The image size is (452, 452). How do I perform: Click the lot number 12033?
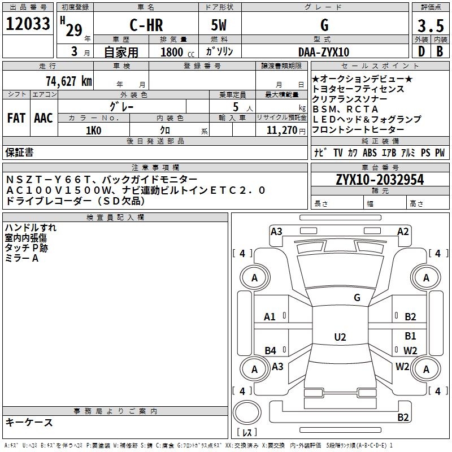click(x=28, y=25)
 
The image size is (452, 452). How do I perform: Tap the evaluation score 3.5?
click(x=430, y=26)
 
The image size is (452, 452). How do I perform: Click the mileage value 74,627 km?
click(x=68, y=81)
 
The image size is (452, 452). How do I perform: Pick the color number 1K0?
click(x=93, y=130)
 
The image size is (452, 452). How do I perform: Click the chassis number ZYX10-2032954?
click(x=379, y=180)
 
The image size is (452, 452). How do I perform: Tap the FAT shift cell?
click(x=16, y=118)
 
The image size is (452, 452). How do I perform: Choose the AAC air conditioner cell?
click(x=44, y=118)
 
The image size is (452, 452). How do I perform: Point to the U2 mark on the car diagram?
click(x=340, y=337)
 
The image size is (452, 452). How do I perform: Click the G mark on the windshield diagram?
click(x=357, y=298)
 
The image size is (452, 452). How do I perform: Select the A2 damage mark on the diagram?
click(x=402, y=231)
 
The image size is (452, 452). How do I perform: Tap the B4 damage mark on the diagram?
click(x=271, y=351)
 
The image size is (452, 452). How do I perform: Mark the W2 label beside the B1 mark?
click(x=410, y=351)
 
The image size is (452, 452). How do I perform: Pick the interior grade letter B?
click(x=439, y=52)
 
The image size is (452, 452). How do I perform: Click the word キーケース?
click(x=29, y=423)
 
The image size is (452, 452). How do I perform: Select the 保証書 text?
click(x=19, y=152)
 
